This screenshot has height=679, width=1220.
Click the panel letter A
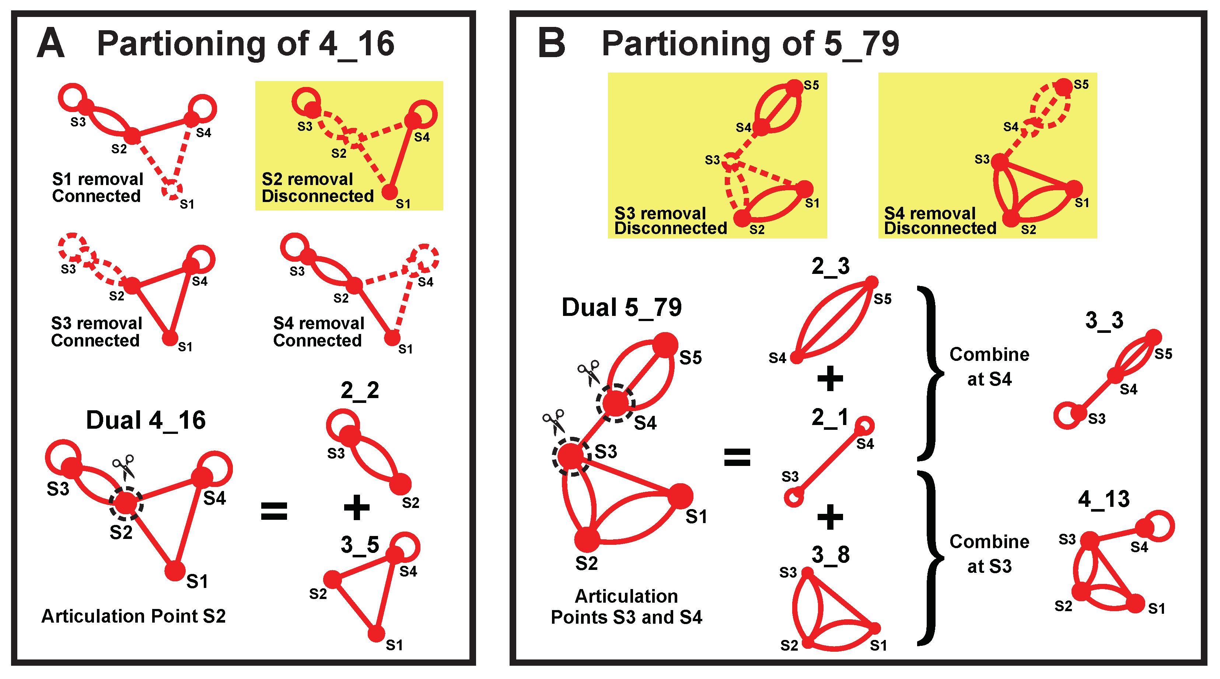(x=51, y=43)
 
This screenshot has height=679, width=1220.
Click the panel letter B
(x=552, y=43)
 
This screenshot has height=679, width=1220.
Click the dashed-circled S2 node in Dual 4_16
(x=126, y=503)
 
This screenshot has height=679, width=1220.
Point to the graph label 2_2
(x=360, y=390)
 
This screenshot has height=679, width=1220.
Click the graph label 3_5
(x=360, y=545)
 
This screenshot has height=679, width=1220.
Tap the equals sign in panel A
(x=274, y=511)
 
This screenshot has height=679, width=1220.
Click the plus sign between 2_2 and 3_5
(x=356, y=508)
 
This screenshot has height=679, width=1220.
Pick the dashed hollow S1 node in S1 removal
(x=171, y=189)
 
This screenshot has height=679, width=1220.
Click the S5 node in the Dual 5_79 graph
(x=665, y=345)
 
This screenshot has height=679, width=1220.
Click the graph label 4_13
(x=1104, y=499)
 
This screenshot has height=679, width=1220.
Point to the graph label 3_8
(x=830, y=554)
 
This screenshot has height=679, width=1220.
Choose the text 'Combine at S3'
(x=989, y=553)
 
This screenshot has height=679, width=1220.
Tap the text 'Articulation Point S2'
(x=133, y=616)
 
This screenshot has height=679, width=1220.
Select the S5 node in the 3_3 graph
(x=1154, y=337)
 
